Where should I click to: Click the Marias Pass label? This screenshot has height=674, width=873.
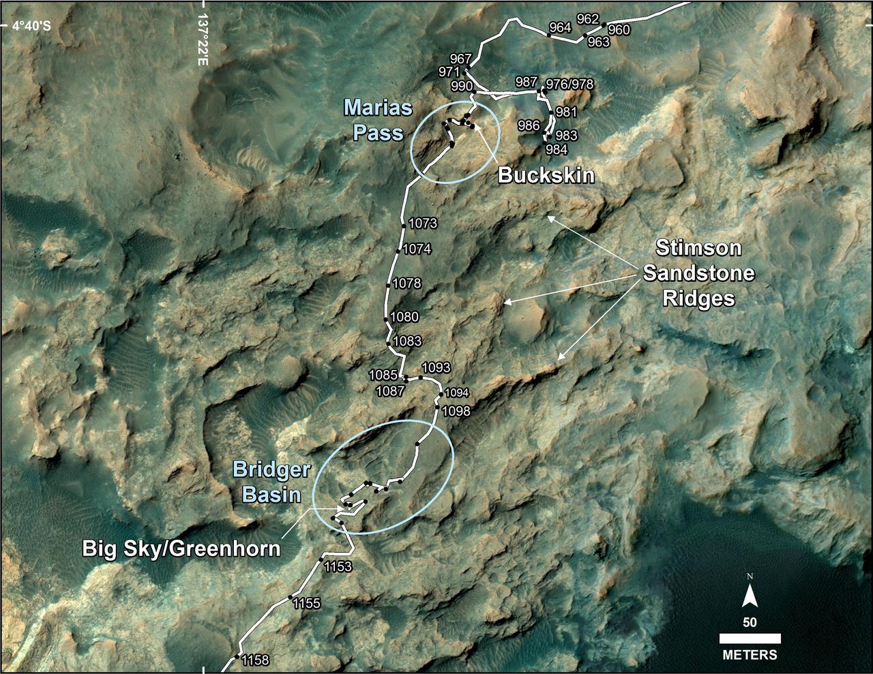point(378,119)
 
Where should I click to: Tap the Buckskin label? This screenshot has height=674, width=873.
point(546,175)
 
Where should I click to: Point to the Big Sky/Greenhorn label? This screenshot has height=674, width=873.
point(181,548)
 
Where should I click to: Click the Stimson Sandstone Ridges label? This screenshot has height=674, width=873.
point(699,273)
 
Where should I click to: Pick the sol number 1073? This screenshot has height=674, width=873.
point(423,223)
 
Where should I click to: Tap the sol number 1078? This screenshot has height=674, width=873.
point(407,283)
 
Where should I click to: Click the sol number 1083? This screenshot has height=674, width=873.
point(407,341)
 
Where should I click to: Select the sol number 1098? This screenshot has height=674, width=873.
point(456,411)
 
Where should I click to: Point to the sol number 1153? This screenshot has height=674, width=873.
point(338,566)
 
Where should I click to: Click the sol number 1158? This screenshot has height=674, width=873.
point(256,660)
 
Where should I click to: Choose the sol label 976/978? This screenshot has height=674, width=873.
point(569,85)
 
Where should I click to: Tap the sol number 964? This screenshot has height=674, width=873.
point(560,28)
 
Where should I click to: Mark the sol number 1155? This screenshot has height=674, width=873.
point(306,603)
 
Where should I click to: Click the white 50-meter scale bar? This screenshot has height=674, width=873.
point(750,639)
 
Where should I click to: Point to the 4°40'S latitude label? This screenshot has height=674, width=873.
point(27,26)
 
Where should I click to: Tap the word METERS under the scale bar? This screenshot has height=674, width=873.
point(750,655)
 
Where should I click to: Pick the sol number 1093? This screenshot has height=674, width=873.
point(436,367)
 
